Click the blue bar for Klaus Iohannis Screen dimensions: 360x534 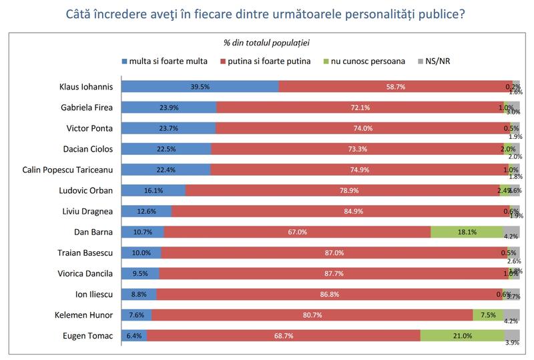[200, 86]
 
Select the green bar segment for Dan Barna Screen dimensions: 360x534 [467, 232]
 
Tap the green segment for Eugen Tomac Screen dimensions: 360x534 [462, 335]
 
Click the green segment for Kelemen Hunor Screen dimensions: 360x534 [487, 315]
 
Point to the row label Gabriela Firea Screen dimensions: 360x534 [86, 107]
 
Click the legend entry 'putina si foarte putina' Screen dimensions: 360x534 [267, 61]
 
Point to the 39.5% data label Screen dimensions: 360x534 [201, 86]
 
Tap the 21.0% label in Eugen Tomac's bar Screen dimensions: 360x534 [462, 335]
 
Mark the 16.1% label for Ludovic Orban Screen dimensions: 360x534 [154, 190]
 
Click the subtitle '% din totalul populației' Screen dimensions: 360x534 [266, 43]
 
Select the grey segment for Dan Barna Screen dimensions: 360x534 [511, 232]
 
